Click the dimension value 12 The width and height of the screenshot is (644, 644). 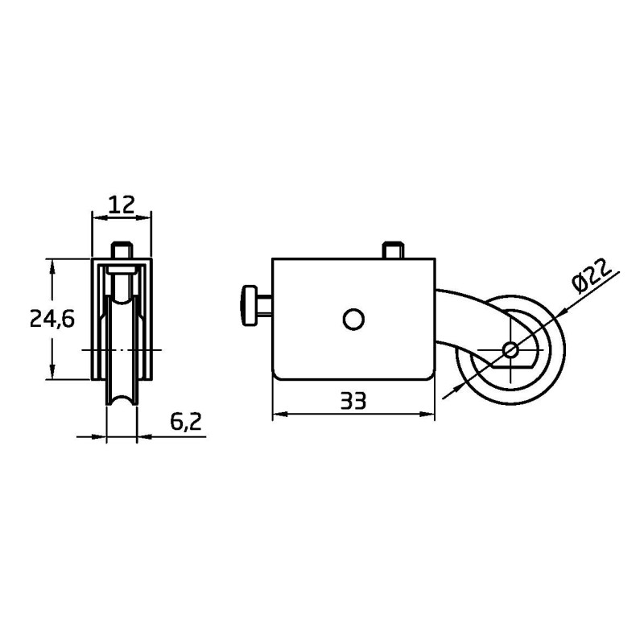click(122, 204)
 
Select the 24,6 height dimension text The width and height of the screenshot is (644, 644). click(52, 318)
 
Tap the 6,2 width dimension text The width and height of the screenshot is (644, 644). click(186, 421)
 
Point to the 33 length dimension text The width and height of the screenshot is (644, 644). click(353, 401)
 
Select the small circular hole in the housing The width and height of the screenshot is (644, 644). click(353, 319)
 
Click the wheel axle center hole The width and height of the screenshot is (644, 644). click(510, 350)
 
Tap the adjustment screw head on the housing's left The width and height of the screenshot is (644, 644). click(248, 306)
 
